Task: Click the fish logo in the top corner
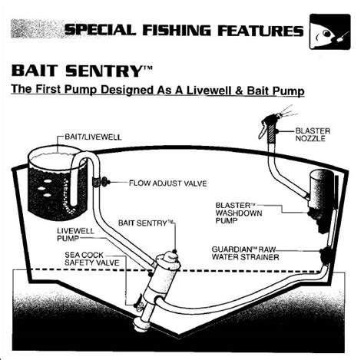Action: click(330, 31)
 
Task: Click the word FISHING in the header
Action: click(177, 31)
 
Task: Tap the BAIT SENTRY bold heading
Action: click(82, 71)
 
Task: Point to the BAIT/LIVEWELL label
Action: click(93, 137)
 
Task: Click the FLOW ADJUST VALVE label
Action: click(168, 183)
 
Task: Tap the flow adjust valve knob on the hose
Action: click(105, 182)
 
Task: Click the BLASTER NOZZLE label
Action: click(313, 134)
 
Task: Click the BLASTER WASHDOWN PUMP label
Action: click(239, 213)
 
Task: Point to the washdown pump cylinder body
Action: click(321, 190)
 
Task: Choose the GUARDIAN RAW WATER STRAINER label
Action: click(245, 253)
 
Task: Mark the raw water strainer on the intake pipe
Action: click(326, 256)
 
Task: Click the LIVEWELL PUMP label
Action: click(75, 235)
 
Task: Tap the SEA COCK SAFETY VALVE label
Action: click(91, 259)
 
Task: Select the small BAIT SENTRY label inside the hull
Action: click(146, 223)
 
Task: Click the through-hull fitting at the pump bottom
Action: click(141, 325)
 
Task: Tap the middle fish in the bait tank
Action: click(41, 189)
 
